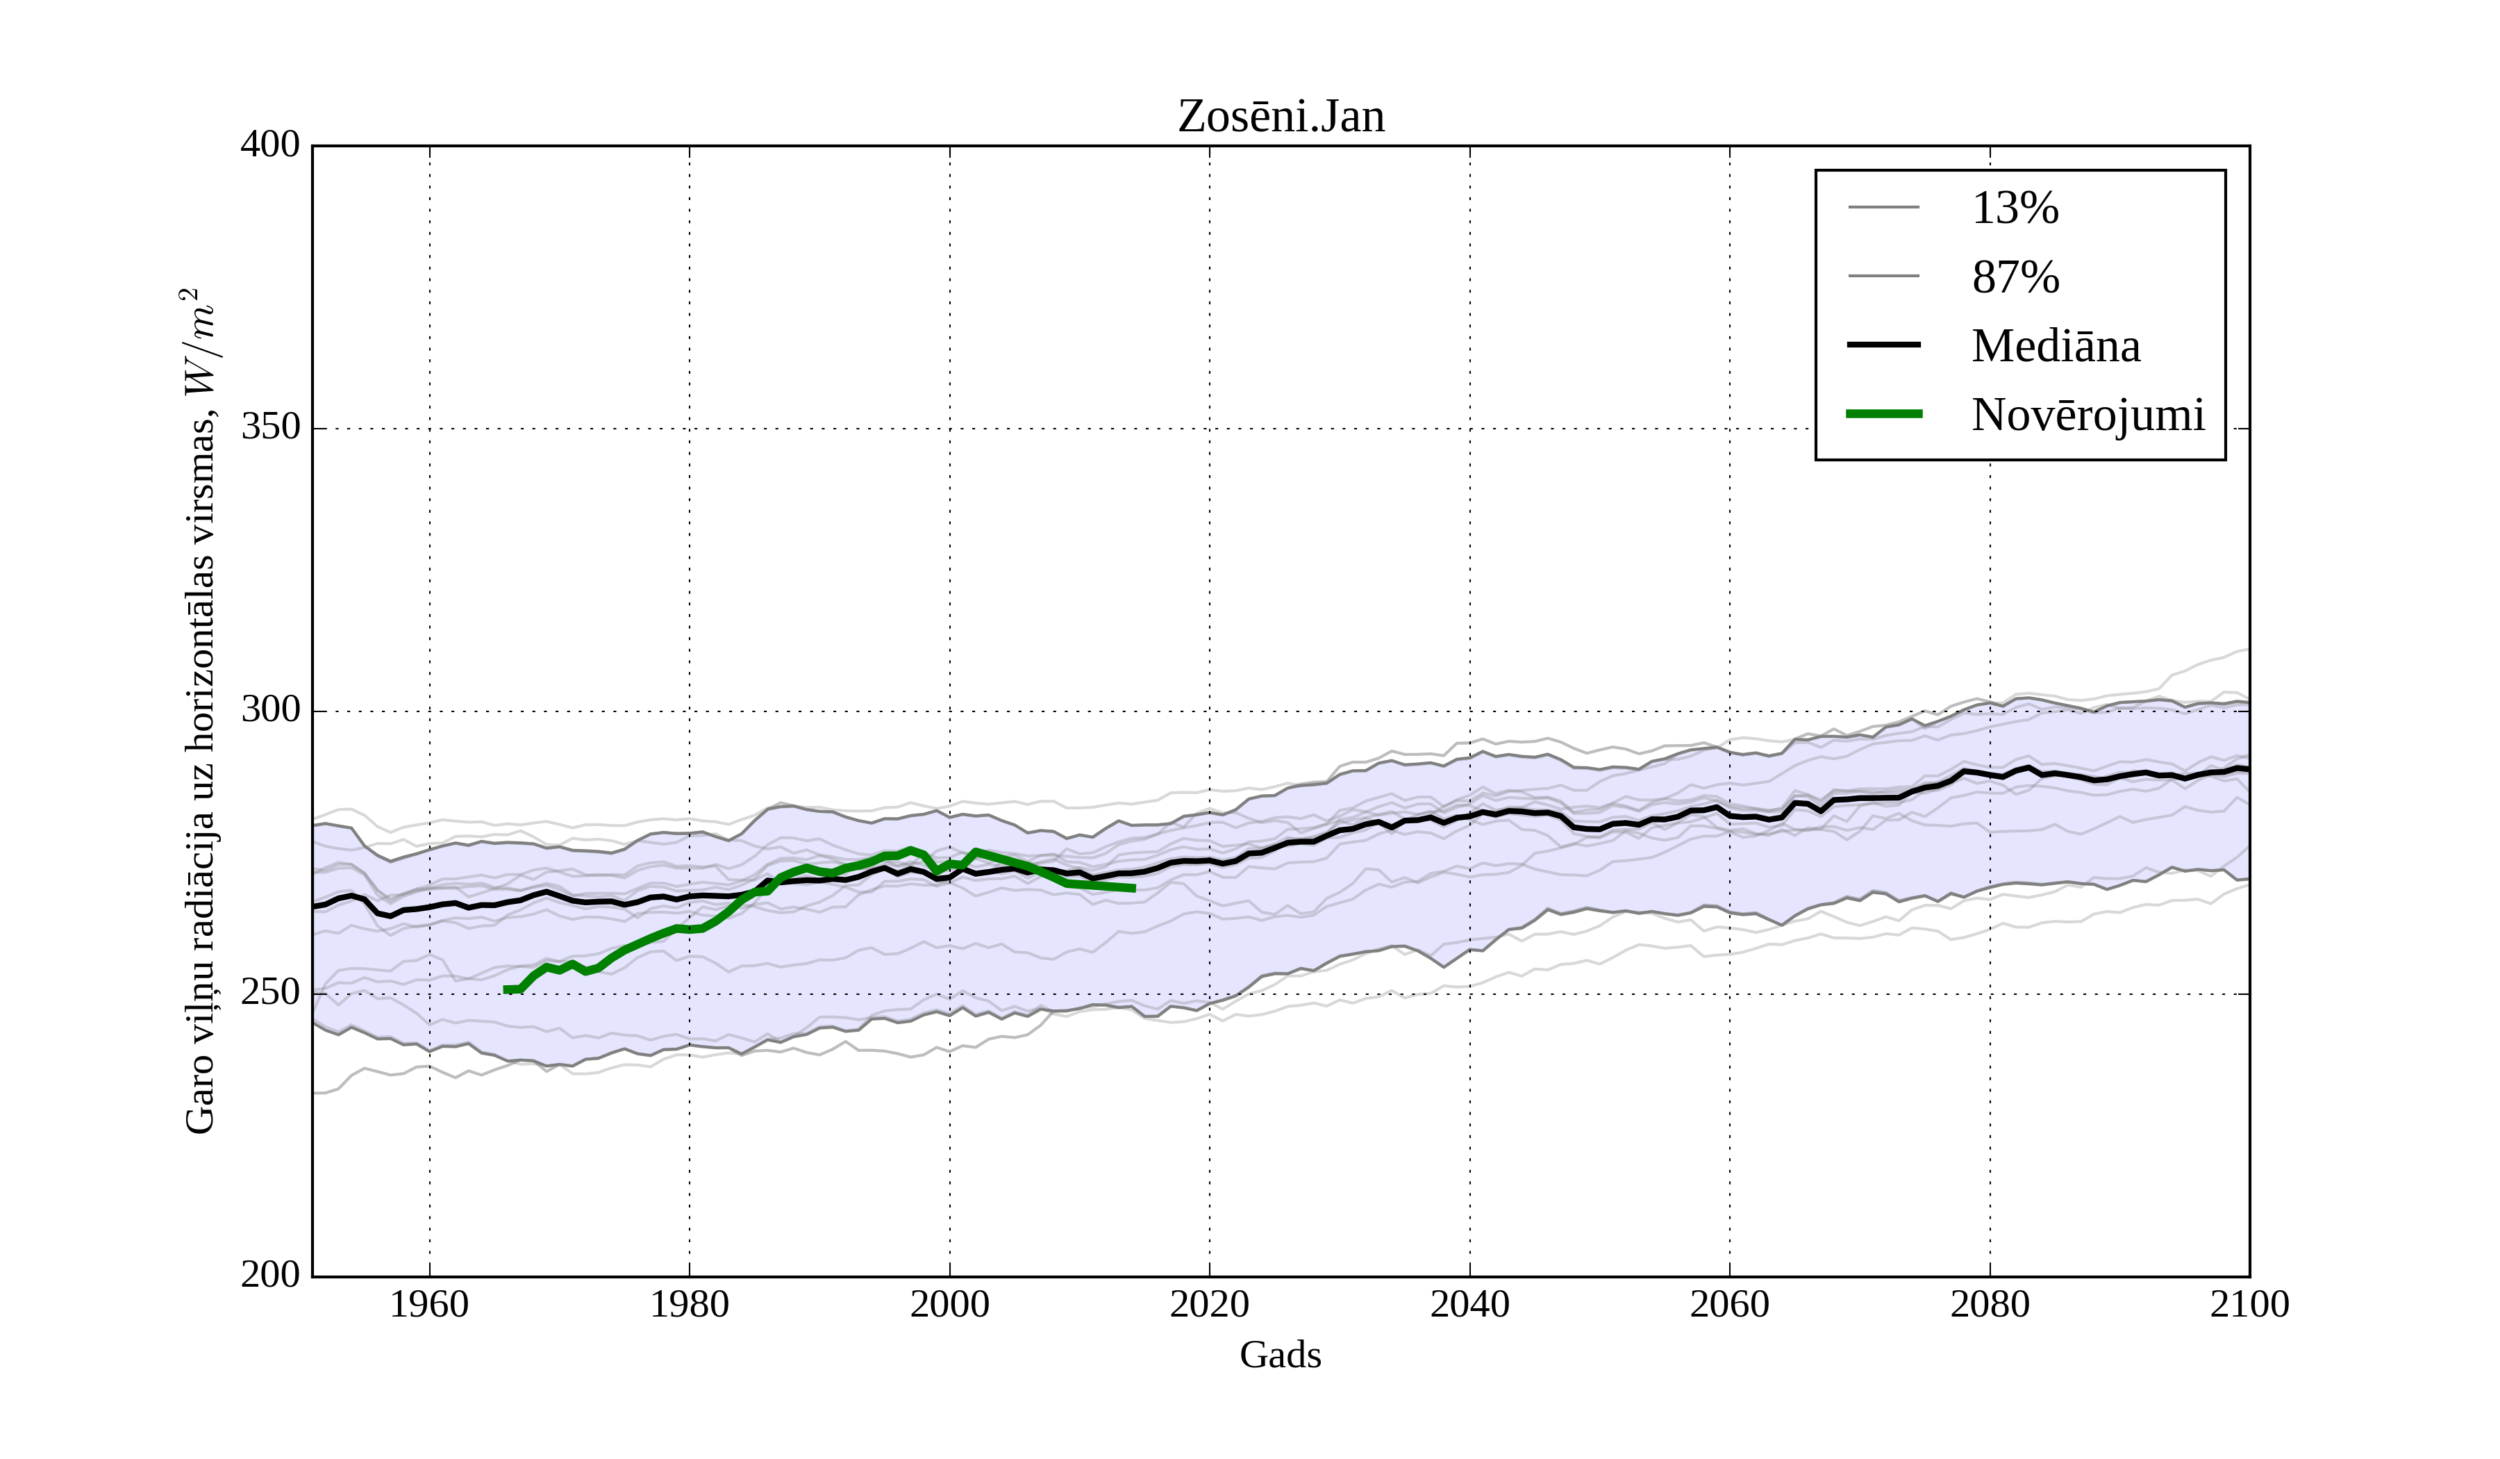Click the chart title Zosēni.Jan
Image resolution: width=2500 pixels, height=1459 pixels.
(1281, 117)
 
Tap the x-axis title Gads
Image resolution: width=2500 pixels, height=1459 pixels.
(1280, 1355)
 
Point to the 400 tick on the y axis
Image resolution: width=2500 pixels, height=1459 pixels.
(270, 145)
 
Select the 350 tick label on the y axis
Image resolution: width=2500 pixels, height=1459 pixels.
(270, 428)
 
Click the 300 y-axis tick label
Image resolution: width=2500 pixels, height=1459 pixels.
(270, 711)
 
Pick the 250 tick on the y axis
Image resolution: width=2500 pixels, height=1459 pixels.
(270, 993)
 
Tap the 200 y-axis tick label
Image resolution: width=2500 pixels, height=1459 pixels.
(270, 1276)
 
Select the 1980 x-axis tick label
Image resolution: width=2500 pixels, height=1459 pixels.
(690, 1304)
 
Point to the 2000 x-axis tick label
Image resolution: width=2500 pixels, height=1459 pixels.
(949, 1304)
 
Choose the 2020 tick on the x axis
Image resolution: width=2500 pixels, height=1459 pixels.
(1209, 1304)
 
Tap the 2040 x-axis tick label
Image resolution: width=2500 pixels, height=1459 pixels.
(1469, 1304)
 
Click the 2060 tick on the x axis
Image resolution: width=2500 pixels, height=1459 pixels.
(1729, 1304)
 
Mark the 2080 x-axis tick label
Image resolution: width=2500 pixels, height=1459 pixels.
(1989, 1304)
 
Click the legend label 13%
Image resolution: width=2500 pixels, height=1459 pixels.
(2015, 208)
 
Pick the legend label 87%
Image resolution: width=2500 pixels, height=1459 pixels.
(2015, 277)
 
